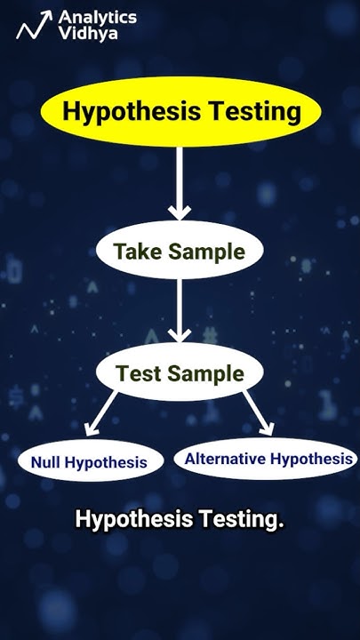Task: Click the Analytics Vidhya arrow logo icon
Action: (x=31, y=27)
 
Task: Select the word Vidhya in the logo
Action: (x=84, y=35)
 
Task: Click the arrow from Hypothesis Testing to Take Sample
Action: (x=180, y=183)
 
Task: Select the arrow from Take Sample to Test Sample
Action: (x=180, y=308)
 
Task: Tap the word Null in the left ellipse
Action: (x=45, y=462)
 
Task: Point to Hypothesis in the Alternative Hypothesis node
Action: (x=310, y=459)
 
